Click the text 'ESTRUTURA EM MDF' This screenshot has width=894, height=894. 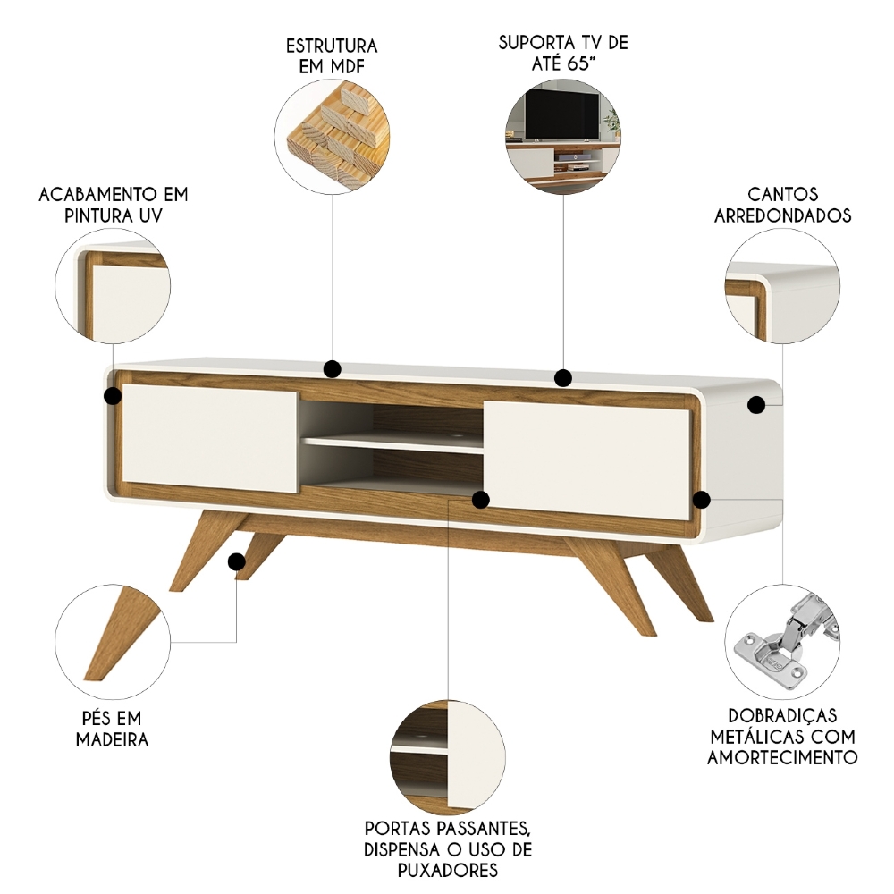pos(332,55)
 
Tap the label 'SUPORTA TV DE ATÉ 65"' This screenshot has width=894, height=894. pos(563,53)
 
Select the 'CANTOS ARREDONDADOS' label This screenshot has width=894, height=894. pos(783,205)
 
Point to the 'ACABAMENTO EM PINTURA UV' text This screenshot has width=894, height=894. pos(114,205)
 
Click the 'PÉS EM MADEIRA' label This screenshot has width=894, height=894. pos(112,729)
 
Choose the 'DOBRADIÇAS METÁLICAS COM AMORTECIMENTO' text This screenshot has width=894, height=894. pos(783,736)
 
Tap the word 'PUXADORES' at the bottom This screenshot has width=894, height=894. pos(448,870)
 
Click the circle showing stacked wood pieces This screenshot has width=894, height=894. pos(333,136)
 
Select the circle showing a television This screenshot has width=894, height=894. pos(563,136)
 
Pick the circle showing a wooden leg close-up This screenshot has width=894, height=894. pos(113,641)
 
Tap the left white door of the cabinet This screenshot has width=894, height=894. pos(209,437)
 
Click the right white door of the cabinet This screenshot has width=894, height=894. pos(587,460)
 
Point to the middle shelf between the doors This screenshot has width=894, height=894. pos(393,443)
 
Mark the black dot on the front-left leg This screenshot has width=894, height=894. pos(237,562)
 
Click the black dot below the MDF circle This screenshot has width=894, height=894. pos(333,369)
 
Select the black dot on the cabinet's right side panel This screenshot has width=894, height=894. pos(756,405)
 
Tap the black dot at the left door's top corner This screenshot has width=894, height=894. pos(113,395)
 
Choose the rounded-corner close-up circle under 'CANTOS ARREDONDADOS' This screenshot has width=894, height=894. pos(783,286)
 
